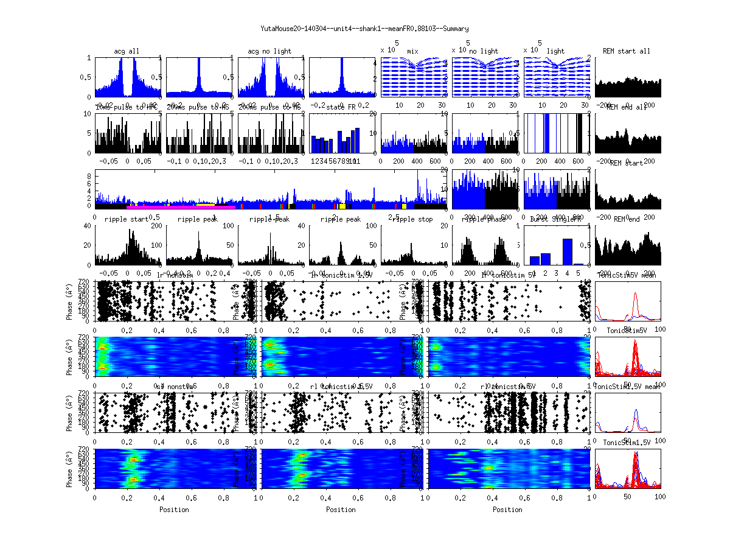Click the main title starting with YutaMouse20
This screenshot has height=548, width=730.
[x=364, y=29]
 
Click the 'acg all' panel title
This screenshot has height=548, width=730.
[x=127, y=51]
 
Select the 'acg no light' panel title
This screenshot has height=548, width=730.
[x=269, y=51]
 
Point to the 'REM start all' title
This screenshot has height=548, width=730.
[x=627, y=51]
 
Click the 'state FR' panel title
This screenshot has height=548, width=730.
[x=341, y=107]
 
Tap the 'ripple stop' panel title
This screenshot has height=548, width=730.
[x=412, y=219]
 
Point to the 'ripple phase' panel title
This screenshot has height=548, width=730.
[x=484, y=219]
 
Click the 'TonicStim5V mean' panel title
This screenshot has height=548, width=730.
[x=627, y=275]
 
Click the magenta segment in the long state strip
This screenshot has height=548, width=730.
[x=182, y=207]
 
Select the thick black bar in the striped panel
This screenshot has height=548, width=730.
[x=579, y=133]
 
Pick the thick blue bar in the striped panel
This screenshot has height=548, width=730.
[x=546, y=133]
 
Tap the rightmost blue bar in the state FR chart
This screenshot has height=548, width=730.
[x=357, y=140]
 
